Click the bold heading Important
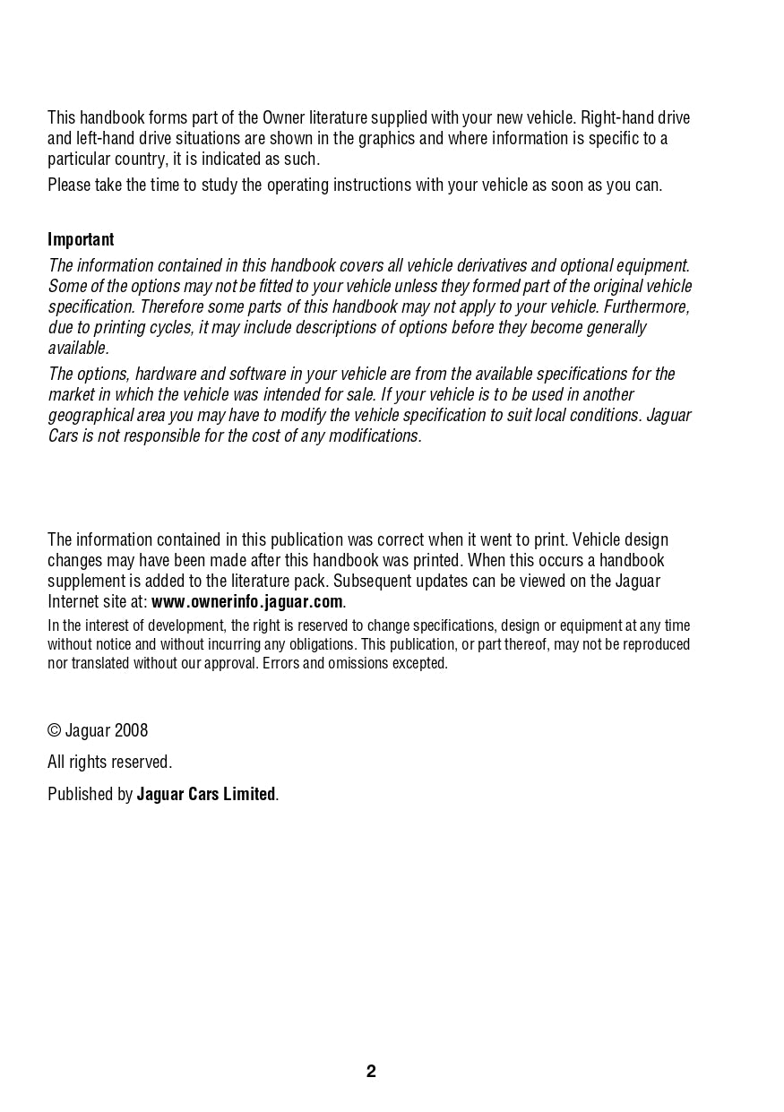point(81,239)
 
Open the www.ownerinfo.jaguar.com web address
point(247,601)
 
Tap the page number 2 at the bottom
point(371,1072)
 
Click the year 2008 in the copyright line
point(131,730)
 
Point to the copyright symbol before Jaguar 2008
point(54,730)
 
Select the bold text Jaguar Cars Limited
point(206,794)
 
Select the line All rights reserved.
point(109,763)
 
